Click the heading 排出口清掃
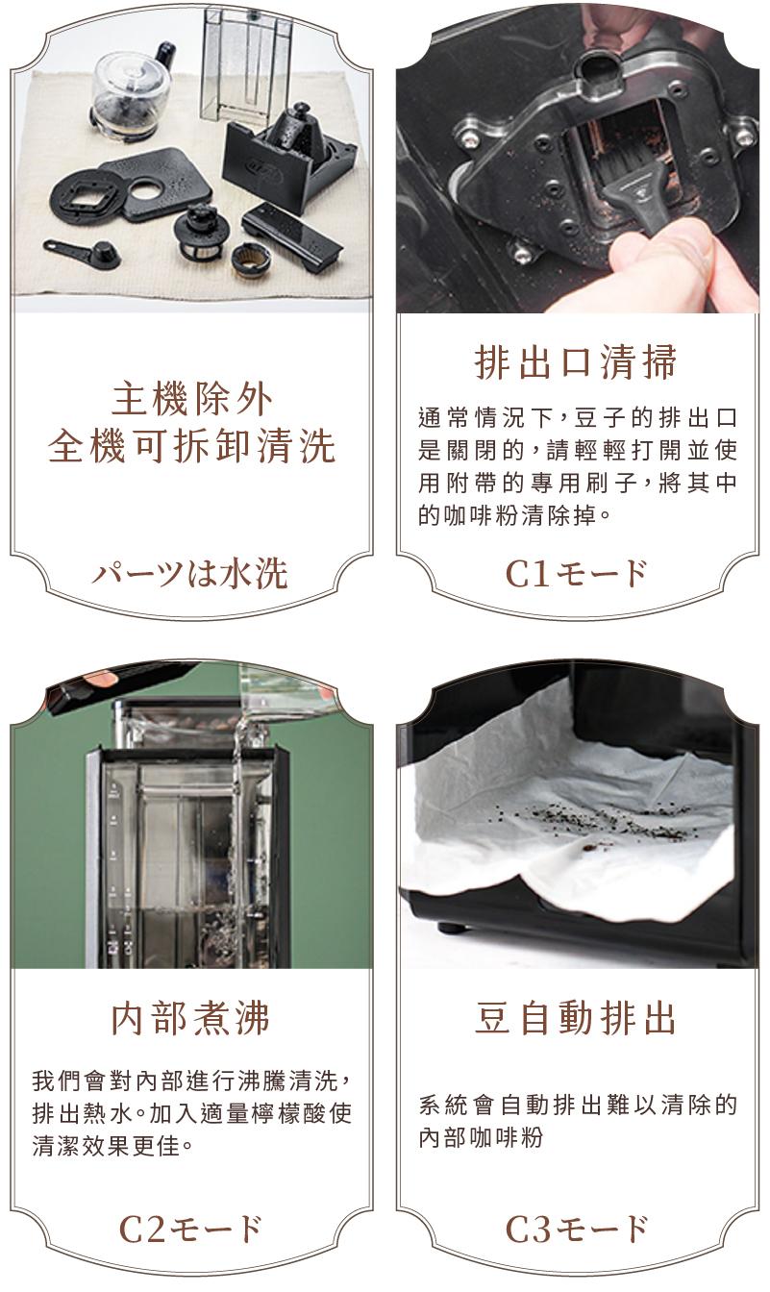[575, 362]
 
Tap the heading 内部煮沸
[190, 1019]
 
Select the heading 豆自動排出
[575, 1019]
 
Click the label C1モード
[576, 573]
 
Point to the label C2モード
[190, 1230]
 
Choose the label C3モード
[576, 1230]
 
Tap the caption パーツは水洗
[189, 573]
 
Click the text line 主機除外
[191, 400]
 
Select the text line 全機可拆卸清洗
[191, 447]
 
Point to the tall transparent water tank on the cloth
[245, 63]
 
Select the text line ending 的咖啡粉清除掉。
[514, 515]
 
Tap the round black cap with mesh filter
[199, 231]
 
